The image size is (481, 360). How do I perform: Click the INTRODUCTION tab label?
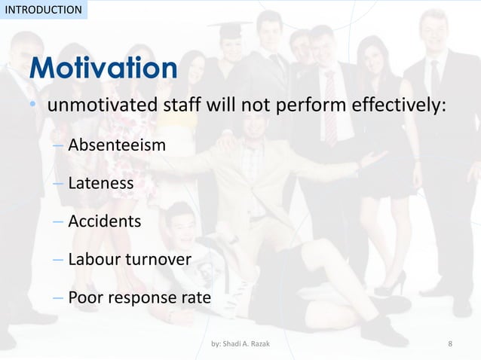pyautogui.click(x=42, y=10)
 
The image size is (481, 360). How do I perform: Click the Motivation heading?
pyautogui.click(x=104, y=69)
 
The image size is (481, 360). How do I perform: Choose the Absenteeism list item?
pyautogui.click(x=116, y=144)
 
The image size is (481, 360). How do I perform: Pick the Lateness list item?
pyautogui.click(x=100, y=183)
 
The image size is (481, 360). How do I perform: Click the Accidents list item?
pyautogui.click(x=104, y=221)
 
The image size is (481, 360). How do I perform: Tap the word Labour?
pyautogui.click(x=93, y=259)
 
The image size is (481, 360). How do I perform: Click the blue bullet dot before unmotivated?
pyautogui.click(x=33, y=106)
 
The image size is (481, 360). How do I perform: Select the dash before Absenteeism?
pyautogui.click(x=58, y=145)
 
